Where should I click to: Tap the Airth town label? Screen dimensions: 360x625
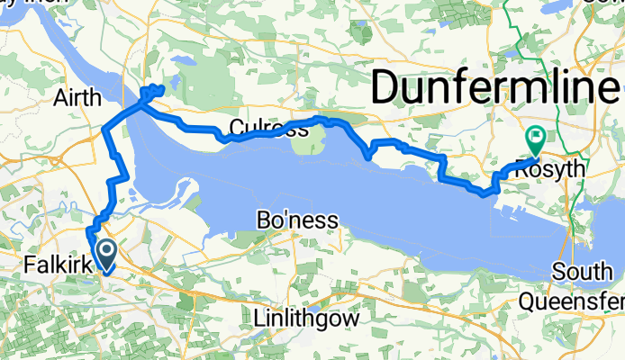77,96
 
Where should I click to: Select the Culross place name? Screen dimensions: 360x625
267,129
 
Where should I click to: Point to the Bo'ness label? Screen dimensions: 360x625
297,220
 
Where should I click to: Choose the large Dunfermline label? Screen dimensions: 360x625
494,87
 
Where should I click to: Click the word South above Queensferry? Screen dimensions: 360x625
583,272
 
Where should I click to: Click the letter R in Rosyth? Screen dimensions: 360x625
521,169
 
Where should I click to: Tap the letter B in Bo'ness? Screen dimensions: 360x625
265,220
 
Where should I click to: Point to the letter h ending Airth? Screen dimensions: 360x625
93,96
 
